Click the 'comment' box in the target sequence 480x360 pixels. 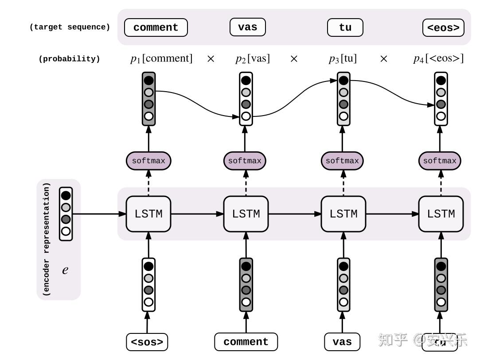click(x=156, y=27)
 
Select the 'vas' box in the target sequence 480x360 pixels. click(x=247, y=27)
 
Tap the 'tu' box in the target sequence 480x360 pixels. click(x=345, y=27)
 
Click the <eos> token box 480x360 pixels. click(x=443, y=27)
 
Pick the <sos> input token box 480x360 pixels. click(x=147, y=342)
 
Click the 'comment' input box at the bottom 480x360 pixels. click(x=246, y=342)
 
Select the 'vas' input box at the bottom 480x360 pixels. click(x=342, y=342)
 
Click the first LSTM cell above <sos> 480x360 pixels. click(x=148, y=214)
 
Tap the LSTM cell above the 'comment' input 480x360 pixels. click(x=246, y=214)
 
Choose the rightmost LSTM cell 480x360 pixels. click(x=441, y=214)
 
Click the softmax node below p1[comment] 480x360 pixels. click(x=148, y=161)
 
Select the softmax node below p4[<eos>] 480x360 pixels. click(x=440, y=161)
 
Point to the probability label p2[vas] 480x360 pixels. click(x=252, y=58)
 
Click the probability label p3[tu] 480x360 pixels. click(x=343, y=58)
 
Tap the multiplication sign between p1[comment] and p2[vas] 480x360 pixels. click(x=211, y=58)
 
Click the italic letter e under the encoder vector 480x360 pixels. click(x=65, y=270)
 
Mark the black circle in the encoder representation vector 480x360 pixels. click(x=66, y=195)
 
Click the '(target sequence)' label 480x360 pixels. click(x=70, y=27)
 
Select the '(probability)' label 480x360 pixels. click(x=69, y=59)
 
